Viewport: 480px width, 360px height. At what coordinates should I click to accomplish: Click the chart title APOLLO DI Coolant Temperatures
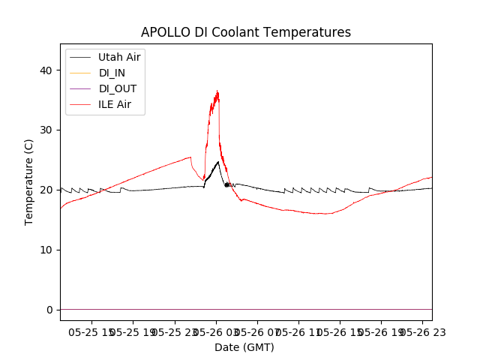(246, 32)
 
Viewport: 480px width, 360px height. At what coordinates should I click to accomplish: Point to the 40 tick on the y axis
(47, 70)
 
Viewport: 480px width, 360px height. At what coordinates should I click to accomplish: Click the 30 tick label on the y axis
(47, 130)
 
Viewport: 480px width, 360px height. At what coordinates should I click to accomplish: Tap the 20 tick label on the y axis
(47, 190)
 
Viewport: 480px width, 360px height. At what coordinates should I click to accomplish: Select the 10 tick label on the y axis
(47, 250)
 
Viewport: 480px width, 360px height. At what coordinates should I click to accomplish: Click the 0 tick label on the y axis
(50, 310)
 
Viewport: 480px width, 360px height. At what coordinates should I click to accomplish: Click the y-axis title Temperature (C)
(28, 181)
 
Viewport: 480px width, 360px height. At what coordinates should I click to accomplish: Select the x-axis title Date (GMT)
(244, 347)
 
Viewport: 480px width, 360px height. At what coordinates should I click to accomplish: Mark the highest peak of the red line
(217, 91)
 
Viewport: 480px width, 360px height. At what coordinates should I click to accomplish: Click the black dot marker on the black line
(226, 184)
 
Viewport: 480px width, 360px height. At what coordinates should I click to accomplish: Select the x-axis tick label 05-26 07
(256, 331)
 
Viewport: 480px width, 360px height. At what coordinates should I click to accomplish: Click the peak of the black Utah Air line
(218, 161)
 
